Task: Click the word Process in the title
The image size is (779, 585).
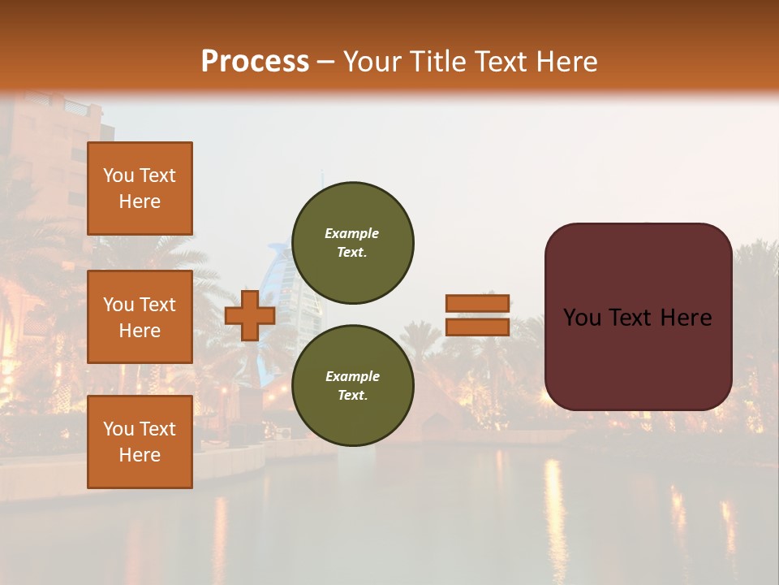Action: click(255, 62)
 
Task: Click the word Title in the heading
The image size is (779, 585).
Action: click(438, 62)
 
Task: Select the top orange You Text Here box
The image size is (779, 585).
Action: click(140, 188)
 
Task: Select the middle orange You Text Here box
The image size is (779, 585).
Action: click(140, 317)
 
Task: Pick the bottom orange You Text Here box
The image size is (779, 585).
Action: click(140, 442)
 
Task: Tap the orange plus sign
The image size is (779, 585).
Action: click(250, 315)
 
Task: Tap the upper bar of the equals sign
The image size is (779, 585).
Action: click(477, 303)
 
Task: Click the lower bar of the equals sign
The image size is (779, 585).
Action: click(477, 327)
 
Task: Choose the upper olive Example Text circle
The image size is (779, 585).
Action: click(352, 243)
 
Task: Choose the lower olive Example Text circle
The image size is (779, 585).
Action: click(352, 386)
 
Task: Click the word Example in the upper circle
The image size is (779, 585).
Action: click(352, 234)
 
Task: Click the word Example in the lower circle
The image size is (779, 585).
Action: click(352, 377)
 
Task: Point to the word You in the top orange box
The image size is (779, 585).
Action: click(118, 176)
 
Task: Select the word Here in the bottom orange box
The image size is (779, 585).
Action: click(140, 455)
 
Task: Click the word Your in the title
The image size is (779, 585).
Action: click(372, 62)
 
